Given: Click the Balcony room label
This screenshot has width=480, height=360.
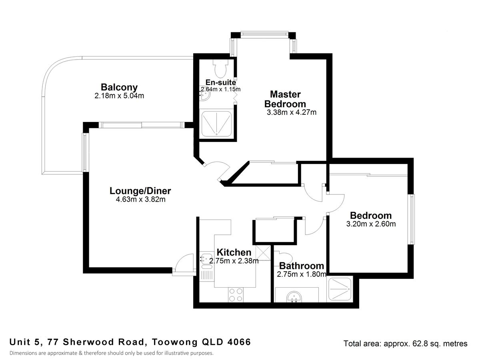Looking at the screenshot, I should tap(119, 87).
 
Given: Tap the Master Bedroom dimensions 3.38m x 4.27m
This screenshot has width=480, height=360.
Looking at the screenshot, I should tap(292, 112).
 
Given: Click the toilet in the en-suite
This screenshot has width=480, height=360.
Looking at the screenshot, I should tap(220, 69).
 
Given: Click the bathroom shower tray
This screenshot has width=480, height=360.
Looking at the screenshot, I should tap(340, 290).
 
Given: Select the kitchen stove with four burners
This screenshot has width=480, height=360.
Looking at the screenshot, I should tap(235, 295).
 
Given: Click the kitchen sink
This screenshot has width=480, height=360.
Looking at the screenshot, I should tap(206, 259).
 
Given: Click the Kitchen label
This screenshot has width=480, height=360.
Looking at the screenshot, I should tap(234, 252).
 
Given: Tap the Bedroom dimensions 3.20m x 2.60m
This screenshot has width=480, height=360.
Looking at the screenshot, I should tap(371, 224).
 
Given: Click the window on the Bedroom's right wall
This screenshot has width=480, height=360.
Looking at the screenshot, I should tap(411, 219).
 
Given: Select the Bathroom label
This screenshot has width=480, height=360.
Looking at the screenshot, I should tap(301, 266).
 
